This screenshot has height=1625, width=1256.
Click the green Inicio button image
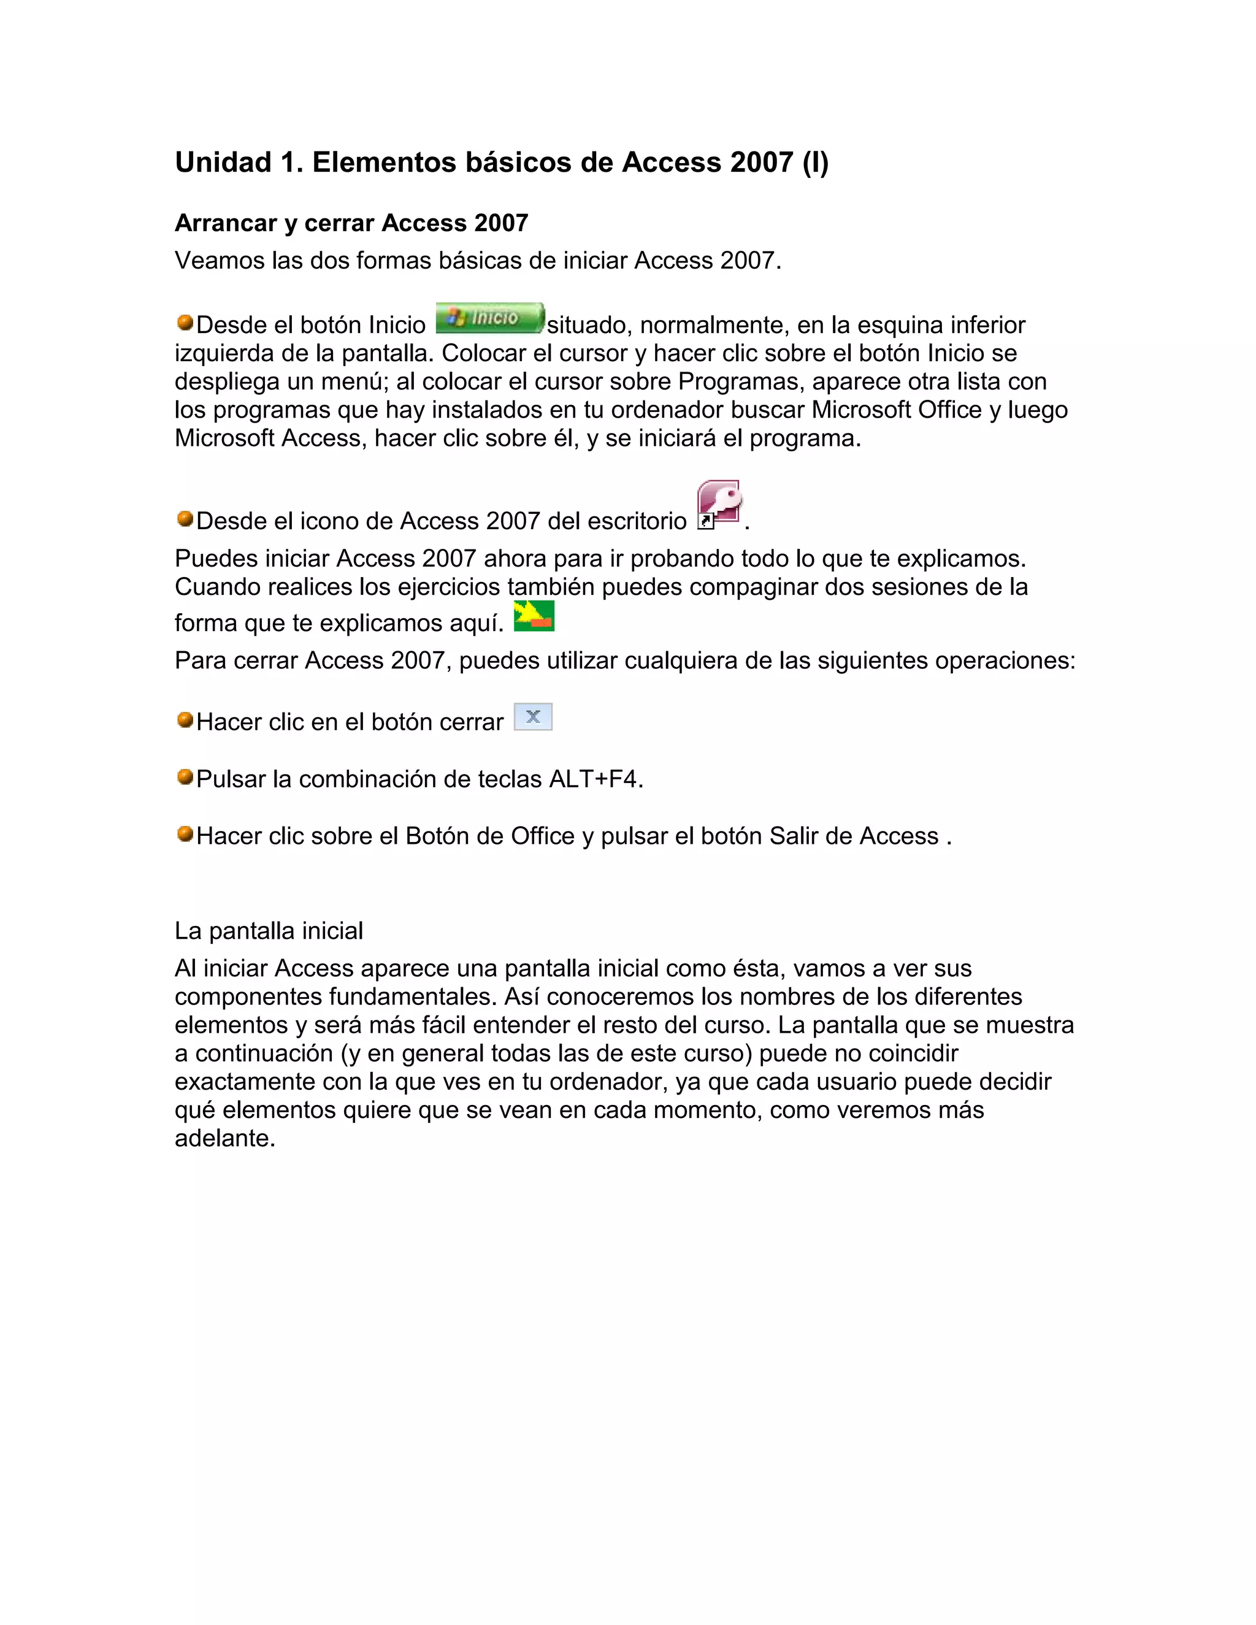(x=489, y=318)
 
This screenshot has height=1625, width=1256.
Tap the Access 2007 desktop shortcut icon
(x=719, y=505)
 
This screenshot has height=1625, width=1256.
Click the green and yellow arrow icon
(x=534, y=615)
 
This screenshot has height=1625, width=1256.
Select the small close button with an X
(x=533, y=716)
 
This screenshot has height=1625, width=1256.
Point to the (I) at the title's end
(x=815, y=162)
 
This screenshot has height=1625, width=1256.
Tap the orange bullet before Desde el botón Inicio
(x=185, y=323)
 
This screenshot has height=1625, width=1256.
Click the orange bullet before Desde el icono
(x=185, y=519)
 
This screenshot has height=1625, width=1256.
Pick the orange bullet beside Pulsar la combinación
(x=185, y=778)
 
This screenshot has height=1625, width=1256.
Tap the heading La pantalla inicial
(x=269, y=931)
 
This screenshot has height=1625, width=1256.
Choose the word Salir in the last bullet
(x=794, y=836)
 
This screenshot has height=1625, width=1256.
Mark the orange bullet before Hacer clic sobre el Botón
(x=185, y=834)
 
